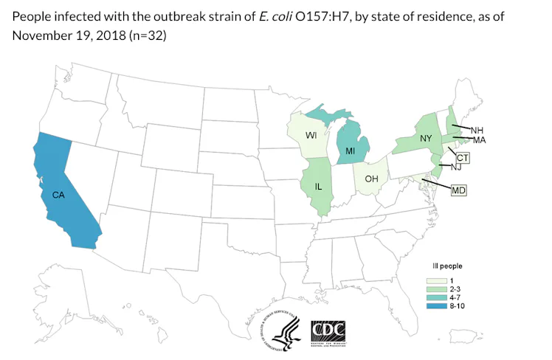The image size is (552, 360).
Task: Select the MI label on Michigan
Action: coord(351,152)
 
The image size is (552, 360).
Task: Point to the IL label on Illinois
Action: coord(318,187)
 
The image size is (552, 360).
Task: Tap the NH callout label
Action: coord(477,129)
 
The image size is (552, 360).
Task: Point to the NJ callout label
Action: coord(456,168)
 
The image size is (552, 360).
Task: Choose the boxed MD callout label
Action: coord(458,190)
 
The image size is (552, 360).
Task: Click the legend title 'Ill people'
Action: coord(447,264)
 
